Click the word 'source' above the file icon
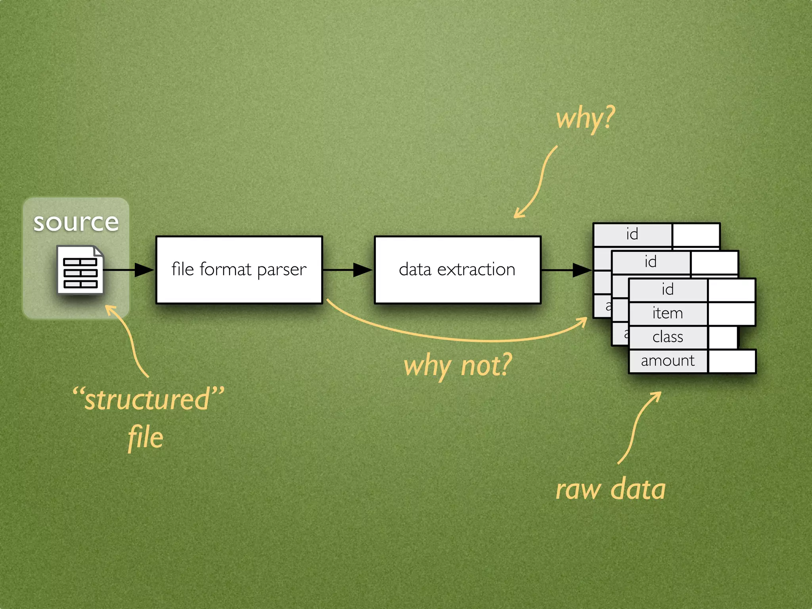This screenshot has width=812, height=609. tap(76, 222)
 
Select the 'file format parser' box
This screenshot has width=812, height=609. tap(239, 270)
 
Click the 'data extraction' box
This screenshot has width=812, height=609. tap(458, 270)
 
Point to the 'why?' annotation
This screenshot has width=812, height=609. tap(585, 119)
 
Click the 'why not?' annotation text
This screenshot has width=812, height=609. tap(458, 366)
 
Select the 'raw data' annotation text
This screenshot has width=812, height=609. tap(611, 489)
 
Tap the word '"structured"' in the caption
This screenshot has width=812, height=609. tap(148, 399)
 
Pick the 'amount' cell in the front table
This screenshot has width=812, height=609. tap(668, 361)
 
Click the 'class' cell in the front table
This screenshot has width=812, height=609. tap(668, 337)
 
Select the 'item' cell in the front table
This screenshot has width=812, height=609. tap(668, 314)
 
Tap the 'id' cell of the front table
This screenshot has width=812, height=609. tap(668, 289)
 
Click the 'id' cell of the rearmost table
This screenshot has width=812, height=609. tap(632, 234)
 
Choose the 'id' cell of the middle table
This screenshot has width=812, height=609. tap(651, 262)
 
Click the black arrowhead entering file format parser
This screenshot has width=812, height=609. tap(144, 270)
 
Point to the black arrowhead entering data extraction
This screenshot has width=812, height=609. tap(362, 270)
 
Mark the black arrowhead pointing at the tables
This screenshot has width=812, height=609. tap(582, 270)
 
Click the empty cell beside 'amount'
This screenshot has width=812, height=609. tap(732, 361)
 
